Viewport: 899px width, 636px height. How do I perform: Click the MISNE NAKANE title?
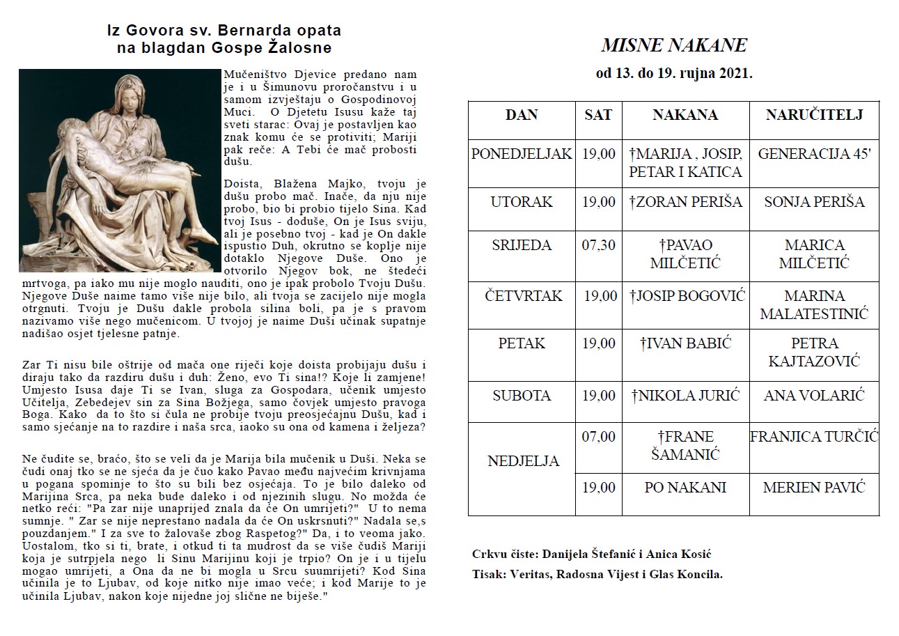click(673, 46)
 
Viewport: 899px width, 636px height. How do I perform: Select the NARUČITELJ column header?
click(813, 115)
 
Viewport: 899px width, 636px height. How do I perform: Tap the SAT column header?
click(598, 115)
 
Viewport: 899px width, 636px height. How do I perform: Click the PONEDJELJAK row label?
click(522, 154)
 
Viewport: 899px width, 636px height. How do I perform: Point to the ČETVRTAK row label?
click(523, 296)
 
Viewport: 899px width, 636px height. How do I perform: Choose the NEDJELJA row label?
click(523, 461)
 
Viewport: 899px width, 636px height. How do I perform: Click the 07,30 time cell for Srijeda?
click(598, 245)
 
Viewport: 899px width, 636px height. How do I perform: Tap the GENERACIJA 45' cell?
click(813, 154)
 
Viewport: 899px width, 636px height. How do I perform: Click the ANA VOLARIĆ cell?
click(813, 396)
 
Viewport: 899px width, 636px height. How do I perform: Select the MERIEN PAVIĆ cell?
click(813, 488)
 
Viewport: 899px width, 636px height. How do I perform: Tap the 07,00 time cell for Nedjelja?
click(598, 437)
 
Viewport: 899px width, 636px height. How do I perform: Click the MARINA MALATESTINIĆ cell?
click(813, 305)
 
